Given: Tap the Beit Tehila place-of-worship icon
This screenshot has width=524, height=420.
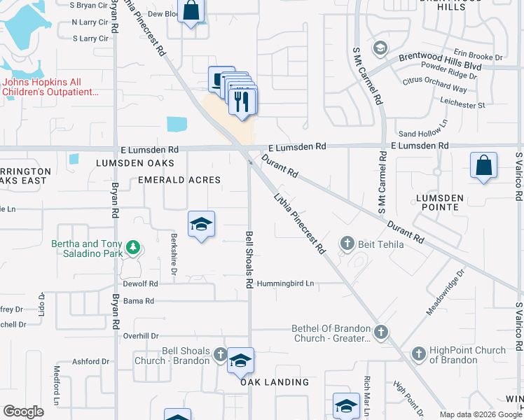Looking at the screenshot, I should point(347,244).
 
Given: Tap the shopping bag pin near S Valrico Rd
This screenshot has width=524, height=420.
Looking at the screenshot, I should point(483,166).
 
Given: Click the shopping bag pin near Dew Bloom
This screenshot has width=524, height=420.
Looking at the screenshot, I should point(191,11).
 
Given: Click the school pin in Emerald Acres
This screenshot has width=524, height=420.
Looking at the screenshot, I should point(201,224).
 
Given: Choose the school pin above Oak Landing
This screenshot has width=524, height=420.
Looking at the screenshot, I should point(240,360).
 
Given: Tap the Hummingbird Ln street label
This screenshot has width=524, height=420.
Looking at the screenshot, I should point(285,283).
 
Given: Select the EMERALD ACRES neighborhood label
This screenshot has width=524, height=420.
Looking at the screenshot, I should point(179,180).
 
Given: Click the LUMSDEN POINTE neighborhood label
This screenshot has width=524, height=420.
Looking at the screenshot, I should point(439,203).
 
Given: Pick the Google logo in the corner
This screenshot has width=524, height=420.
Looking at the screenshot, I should point(23,412).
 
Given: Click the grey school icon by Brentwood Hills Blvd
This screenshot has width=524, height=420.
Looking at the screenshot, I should point(380,48).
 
